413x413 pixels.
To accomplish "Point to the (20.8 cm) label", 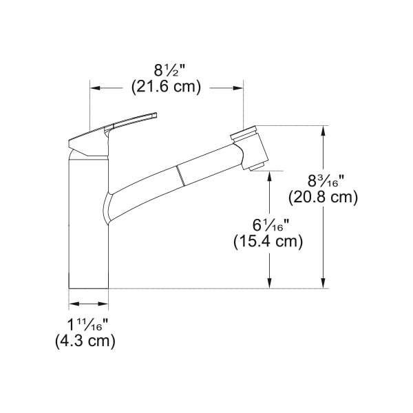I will (x=332, y=198).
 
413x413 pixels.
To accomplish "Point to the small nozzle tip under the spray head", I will (x=257, y=166).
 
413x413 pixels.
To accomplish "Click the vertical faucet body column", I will (x=88, y=227).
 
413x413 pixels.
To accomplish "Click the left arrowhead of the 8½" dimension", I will (x=95, y=88).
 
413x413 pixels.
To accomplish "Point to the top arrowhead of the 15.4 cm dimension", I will (x=269, y=175).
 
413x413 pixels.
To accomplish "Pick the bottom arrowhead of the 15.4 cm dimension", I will (x=269, y=283).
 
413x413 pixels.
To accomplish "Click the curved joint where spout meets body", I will (x=107, y=206).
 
